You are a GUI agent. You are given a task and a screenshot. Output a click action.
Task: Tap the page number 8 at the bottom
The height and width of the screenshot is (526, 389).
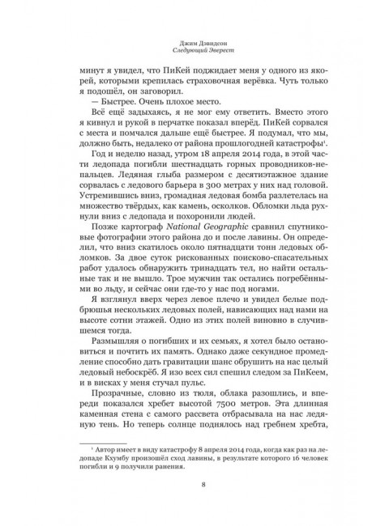point(194,485)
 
